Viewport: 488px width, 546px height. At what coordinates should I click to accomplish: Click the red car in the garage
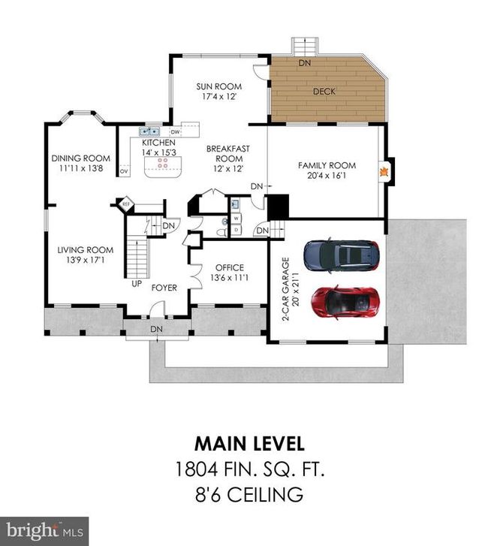tap(345, 302)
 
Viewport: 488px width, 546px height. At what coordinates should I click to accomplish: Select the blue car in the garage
tap(342, 255)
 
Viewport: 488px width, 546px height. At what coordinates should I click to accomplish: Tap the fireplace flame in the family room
tap(384, 172)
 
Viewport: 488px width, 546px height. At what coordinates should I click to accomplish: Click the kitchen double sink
tap(149, 131)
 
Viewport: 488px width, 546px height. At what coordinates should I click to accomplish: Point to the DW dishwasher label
tap(176, 132)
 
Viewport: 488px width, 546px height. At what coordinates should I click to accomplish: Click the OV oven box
tap(125, 171)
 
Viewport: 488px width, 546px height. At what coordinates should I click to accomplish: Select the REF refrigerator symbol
tap(125, 204)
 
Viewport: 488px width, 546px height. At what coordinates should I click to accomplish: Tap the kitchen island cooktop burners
tap(163, 163)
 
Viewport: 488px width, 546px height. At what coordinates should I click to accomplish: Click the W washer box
tap(236, 219)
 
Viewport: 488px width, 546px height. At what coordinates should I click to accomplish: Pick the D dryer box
tap(236, 230)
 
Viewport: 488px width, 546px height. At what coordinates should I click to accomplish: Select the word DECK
tap(324, 92)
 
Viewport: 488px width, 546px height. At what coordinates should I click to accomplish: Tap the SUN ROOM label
tap(219, 86)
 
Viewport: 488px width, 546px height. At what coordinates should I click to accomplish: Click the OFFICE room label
tap(230, 268)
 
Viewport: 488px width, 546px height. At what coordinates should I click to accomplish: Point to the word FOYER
tap(164, 288)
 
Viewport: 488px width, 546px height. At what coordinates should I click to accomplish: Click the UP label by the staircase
tap(137, 284)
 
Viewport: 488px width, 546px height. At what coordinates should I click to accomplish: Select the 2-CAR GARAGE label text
tap(285, 288)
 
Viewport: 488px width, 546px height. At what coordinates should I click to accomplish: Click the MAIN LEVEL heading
tap(249, 444)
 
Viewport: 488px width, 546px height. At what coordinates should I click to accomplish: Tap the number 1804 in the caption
tap(197, 469)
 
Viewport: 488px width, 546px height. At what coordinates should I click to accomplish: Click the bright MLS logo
tap(44, 532)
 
